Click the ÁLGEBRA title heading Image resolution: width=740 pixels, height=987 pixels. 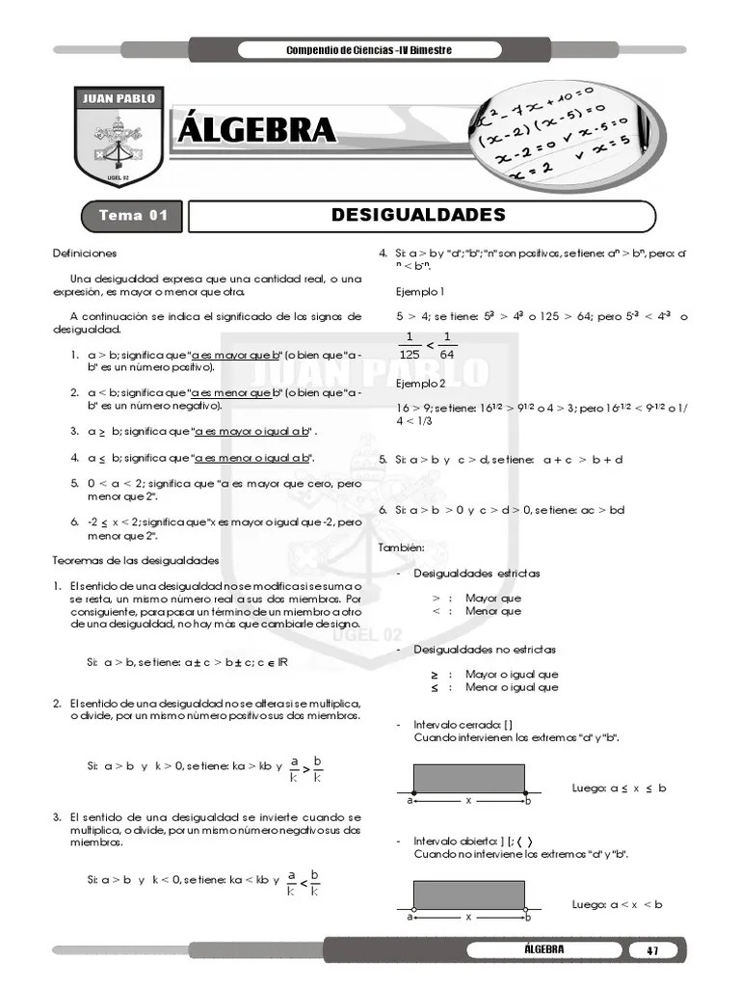point(257,129)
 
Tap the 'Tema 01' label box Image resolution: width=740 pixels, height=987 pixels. point(134,215)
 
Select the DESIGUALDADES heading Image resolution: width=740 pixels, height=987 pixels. point(418,214)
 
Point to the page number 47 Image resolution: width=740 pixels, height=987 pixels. point(652,950)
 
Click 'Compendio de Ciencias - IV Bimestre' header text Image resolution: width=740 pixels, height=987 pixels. point(369,50)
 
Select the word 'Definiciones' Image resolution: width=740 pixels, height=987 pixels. point(85,253)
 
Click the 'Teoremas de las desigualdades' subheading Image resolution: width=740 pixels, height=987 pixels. point(135,560)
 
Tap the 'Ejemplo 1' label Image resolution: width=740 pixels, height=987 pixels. point(420,291)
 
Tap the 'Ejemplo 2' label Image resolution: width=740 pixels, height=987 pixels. point(420,383)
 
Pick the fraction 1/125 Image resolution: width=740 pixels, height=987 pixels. point(409,345)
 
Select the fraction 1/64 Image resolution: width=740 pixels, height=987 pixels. point(447,345)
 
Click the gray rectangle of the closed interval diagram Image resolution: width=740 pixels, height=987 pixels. point(468,777)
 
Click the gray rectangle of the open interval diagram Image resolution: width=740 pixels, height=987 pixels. point(468,894)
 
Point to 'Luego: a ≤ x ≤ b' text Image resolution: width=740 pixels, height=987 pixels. point(619,787)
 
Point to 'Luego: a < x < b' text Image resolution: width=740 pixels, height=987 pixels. point(617,904)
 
